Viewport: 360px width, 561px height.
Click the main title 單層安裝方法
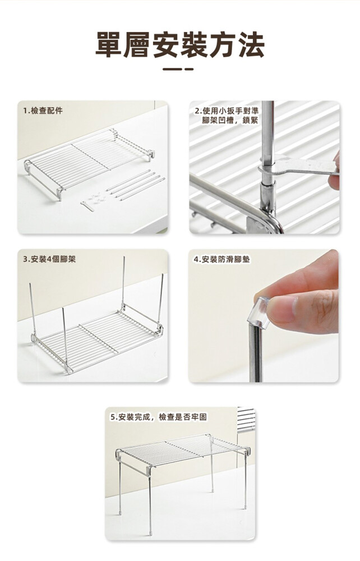pos(180,45)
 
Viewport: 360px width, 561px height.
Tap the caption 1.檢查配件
pos(43,111)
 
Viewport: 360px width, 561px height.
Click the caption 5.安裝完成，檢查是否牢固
pos(159,417)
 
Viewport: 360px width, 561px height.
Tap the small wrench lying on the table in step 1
pos(87,206)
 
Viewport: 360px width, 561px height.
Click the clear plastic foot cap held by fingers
pos(262,312)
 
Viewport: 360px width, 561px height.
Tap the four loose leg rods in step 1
pos(136,185)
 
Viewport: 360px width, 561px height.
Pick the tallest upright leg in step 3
pos(123,283)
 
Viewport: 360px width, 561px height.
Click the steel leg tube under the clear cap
pos(255,353)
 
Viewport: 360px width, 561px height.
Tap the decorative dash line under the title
pos(178,69)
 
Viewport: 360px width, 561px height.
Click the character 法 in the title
pos(252,45)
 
